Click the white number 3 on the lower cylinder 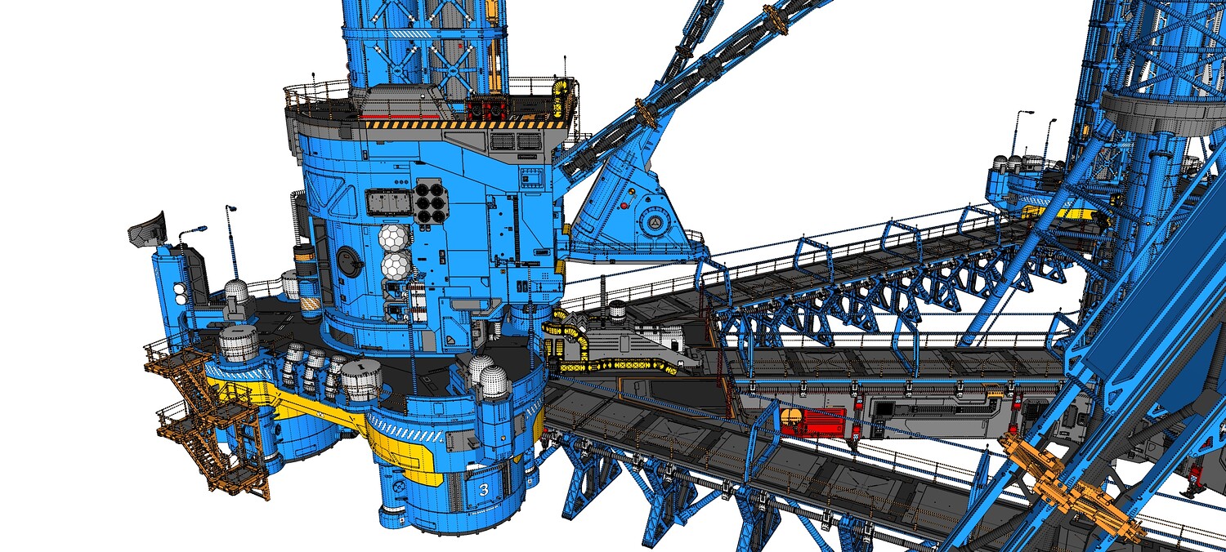[484, 489]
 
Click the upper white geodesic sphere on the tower [394, 238]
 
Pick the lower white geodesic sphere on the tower [396, 265]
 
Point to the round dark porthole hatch [348, 260]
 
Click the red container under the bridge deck [812, 422]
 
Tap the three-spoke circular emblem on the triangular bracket [656, 222]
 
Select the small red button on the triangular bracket [624, 206]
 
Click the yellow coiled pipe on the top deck [561, 99]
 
